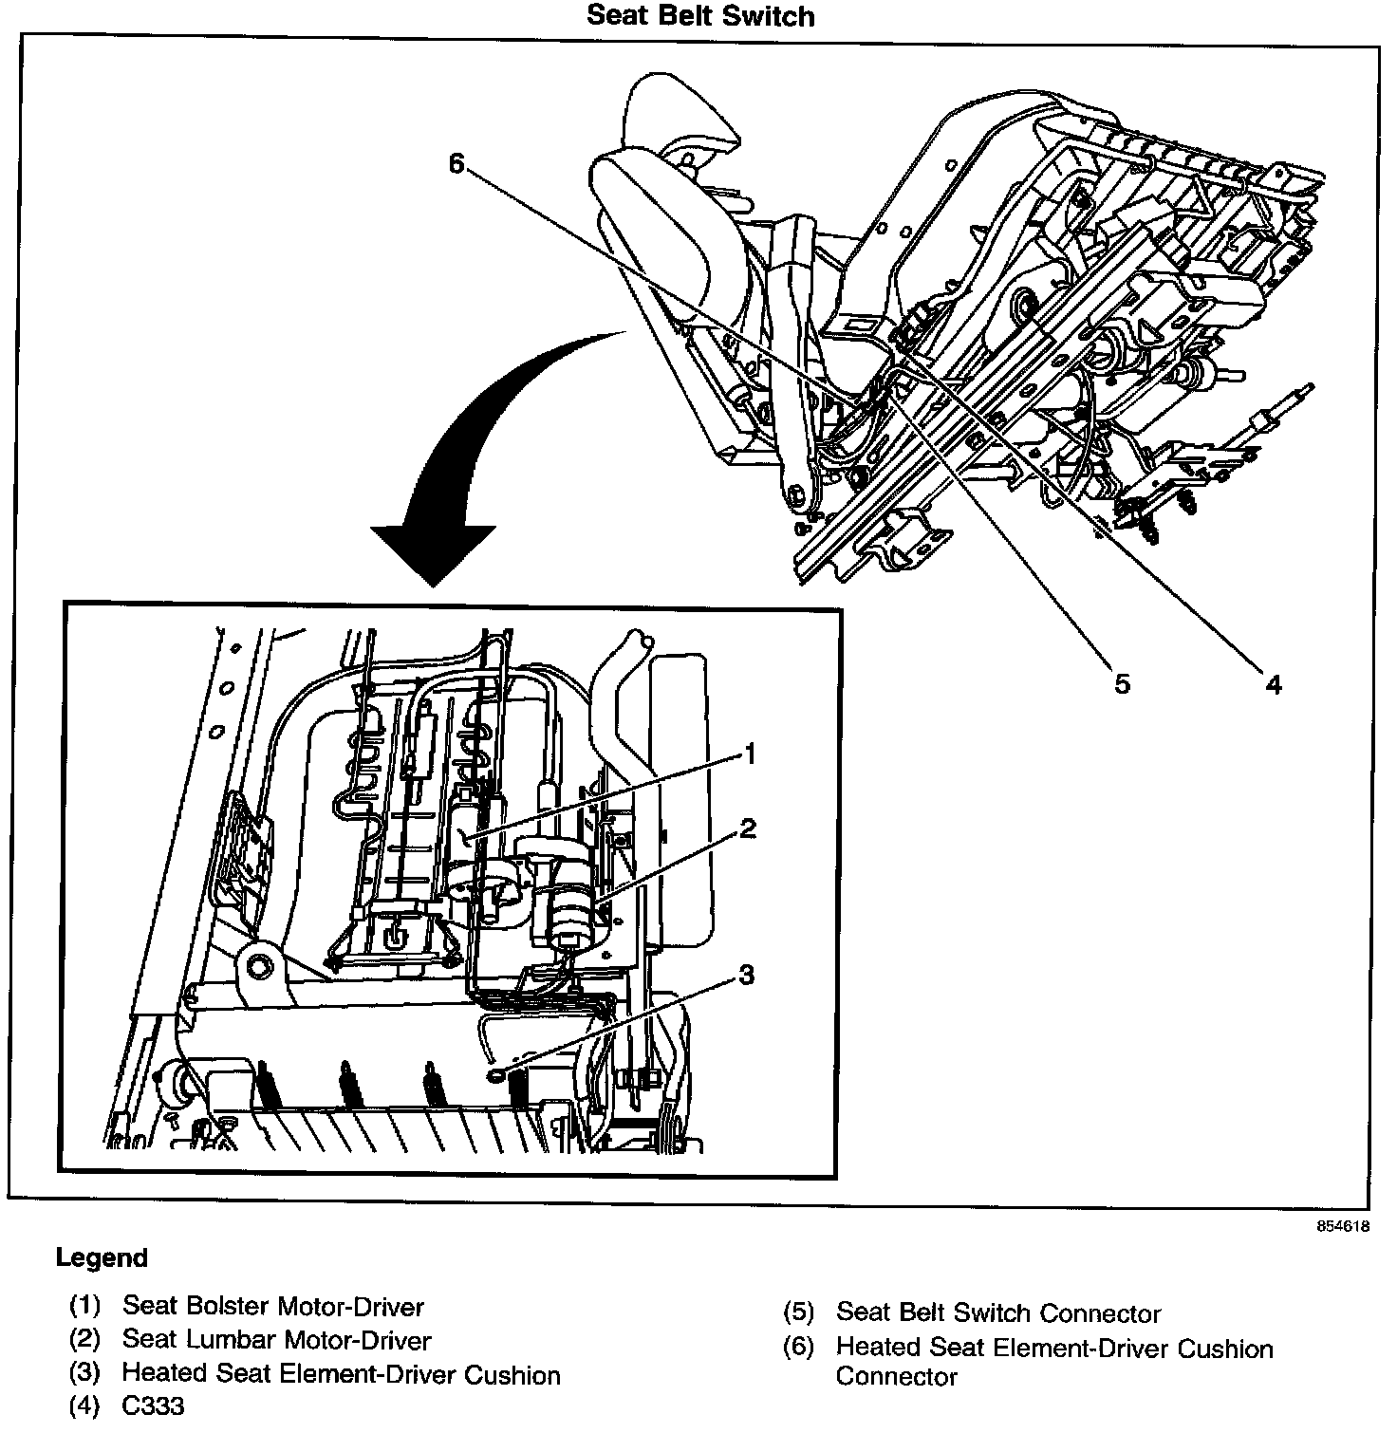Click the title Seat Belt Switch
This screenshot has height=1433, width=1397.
pyautogui.click(x=700, y=15)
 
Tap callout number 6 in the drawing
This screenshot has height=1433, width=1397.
pyautogui.click(x=456, y=165)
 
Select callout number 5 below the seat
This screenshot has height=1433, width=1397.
pyautogui.click(x=1122, y=683)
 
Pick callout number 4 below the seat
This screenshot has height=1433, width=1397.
pyautogui.click(x=1273, y=683)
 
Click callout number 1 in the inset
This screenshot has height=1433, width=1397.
pyautogui.click(x=749, y=754)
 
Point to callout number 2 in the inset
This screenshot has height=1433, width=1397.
pyautogui.click(x=748, y=828)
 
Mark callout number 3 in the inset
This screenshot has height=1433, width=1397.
pyautogui.click(x=747, y=975)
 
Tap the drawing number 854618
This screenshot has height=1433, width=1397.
pyautogui.click(x=1342, y=1225)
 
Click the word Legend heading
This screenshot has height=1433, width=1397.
pyautogui.click(x=102, y=1258)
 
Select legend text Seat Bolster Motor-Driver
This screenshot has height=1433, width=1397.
pyautogui.click(x=273, y=1307)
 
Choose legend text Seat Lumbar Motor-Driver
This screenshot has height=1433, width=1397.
pyautogui.click(x=277, y=1341)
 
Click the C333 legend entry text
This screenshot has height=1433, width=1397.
pyautogui.click(x=154, y=1405)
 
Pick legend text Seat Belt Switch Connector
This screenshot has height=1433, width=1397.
pyautogui.click(x=998, y=1313)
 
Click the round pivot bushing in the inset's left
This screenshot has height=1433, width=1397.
pyautogui.click(x=257, y=969)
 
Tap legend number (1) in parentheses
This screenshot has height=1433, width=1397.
pyautogui.click(x=84, y=1307)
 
